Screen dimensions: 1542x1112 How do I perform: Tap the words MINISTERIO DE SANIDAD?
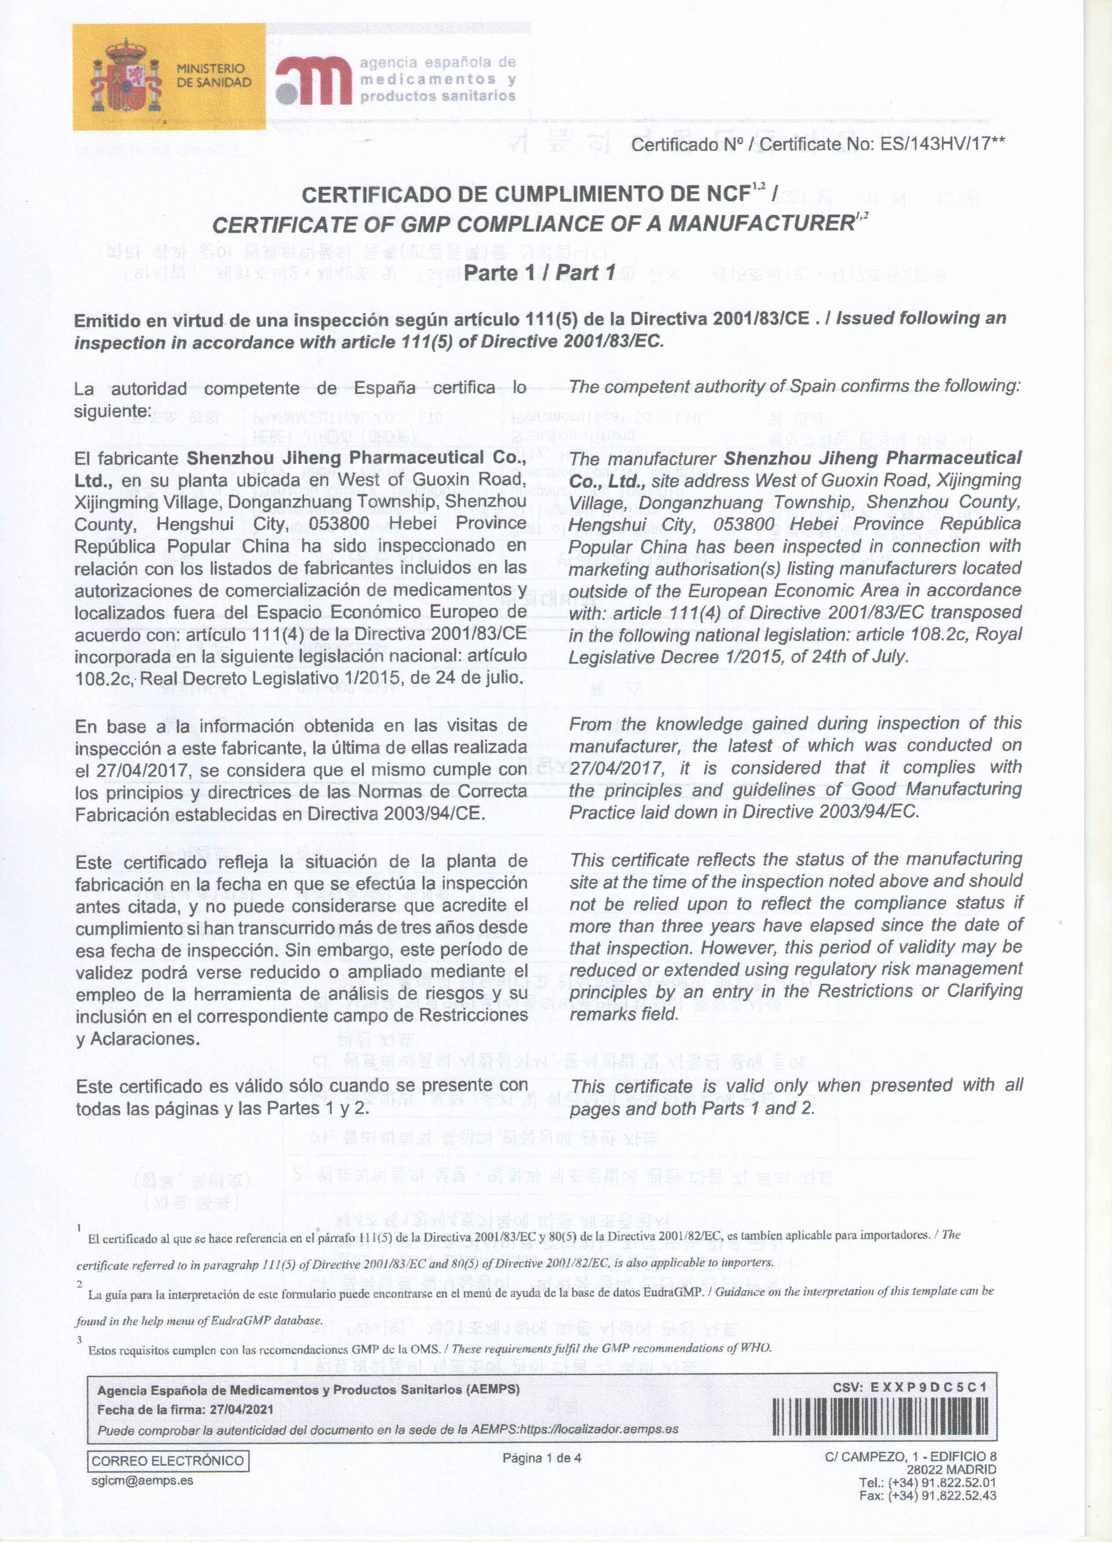tap(213, 76)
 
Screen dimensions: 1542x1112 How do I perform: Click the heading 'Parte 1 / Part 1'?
tap(539, 273)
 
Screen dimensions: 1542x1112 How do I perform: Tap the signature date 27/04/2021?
tap(241, 1409)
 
